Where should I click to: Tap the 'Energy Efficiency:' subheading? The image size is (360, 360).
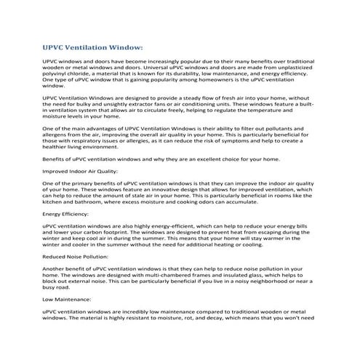click(x=64, y=215)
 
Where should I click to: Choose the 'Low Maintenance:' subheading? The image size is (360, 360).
click(x=63, y=298)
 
